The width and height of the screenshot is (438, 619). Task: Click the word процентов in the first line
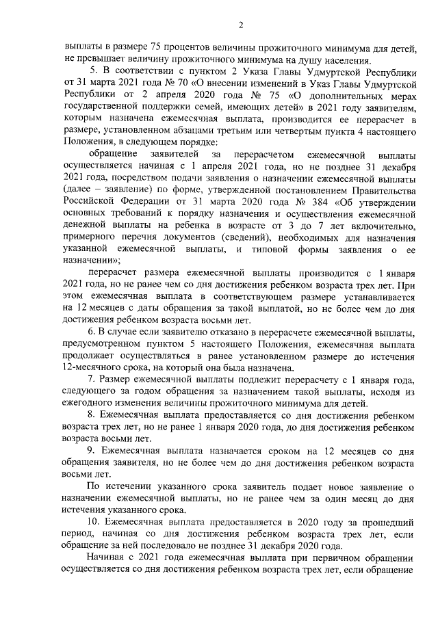pyautogui.click(x=168, y=49)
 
